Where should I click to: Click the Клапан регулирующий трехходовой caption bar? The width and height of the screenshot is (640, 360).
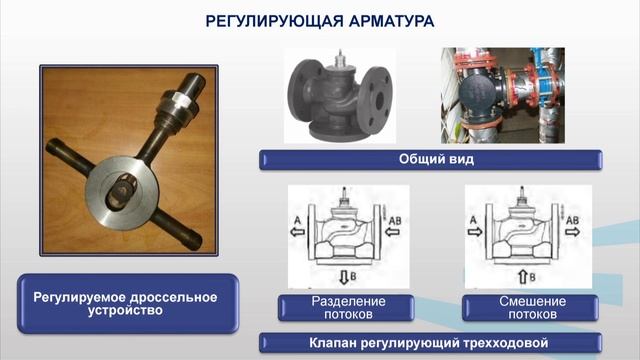click(x=431, y=343)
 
